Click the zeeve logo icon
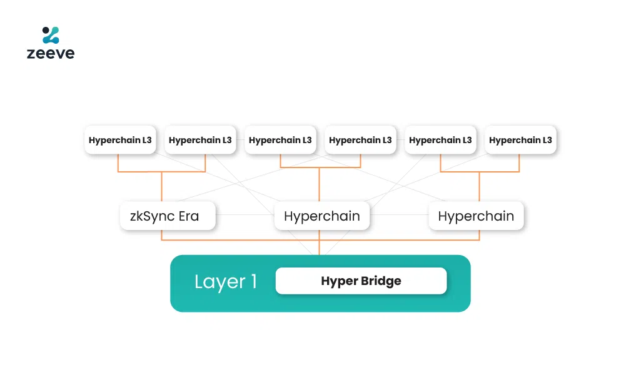tap(51, 35)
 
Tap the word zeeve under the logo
tap(51, 54)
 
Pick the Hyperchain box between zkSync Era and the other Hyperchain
tap(322, 216)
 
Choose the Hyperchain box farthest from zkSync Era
tap(476, 216)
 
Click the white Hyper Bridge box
tap(361, 281)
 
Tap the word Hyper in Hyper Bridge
tap(338, 281)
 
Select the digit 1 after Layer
tap(253, 281)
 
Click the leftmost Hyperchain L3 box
tap(120, 140)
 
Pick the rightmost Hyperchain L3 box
tap(520, 140)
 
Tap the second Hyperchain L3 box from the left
tap(200, 140)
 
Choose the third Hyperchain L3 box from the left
tap(280, 140)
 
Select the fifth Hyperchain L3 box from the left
tap(440, 140)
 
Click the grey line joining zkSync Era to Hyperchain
tap(245, 216)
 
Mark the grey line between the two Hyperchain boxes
tap(399, 216)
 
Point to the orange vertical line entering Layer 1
tap(320, 248)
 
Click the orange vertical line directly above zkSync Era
tap(162, 186)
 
